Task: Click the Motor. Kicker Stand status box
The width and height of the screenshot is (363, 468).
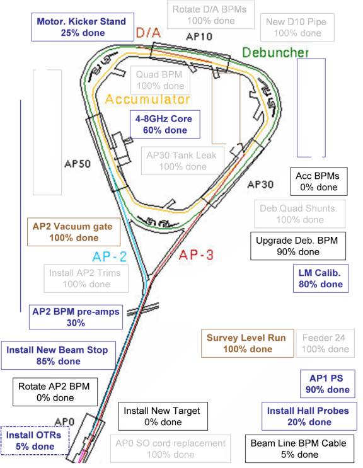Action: (x=83, y=27)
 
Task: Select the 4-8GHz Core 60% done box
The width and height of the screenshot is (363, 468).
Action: (x=164, y=124)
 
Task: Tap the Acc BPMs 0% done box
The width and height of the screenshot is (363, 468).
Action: (x=319, y=181)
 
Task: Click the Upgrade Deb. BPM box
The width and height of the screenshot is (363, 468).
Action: (x=298, y=246)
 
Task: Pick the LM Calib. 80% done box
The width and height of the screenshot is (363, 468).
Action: (x=321, y=278)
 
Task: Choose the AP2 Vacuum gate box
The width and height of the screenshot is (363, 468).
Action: (x=74, y=232)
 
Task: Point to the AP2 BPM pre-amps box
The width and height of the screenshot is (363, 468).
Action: (x=76, y=317)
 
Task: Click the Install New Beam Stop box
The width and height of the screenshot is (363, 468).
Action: (x=58, y=355)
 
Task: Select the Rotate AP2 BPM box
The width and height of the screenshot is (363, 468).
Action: (x=55, y=392)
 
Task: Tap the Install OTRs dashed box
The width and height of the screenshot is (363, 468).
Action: (x=35, y=440)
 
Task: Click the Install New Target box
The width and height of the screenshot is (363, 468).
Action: (x=163, y=416)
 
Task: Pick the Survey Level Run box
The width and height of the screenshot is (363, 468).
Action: (x=248, y=343)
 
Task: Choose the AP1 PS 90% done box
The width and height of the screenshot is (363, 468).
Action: (x=328, y=384)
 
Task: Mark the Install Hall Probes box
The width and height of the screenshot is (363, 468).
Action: (x=309, y=416)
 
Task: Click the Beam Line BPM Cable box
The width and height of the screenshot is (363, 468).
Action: (x=300, y=449)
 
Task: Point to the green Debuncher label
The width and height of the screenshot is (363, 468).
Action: (x=275, y=52)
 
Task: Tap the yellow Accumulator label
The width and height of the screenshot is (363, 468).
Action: (x=147, y=99)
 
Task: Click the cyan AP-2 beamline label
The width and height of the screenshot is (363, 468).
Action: (x=109, y=257)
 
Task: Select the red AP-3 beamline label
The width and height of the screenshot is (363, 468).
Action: (x=196, y=255)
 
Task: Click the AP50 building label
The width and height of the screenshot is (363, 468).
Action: (x=78, y=164)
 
